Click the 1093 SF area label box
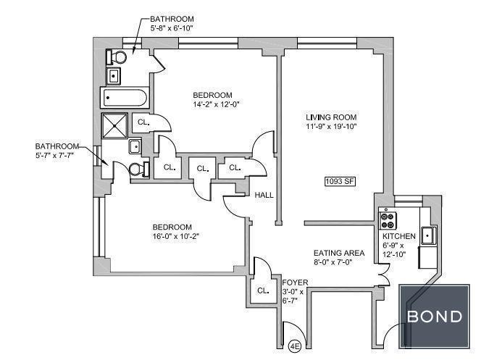(340, 181)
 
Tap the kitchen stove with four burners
(388, 220)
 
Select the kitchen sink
(428, 235)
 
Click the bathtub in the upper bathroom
(125, 98)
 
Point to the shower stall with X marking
(114, 125)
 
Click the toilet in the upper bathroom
(116, 57)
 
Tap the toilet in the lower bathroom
(139, 169)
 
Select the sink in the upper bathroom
(114, 76)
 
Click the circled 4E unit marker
(295, 346)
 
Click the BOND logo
(435, 316)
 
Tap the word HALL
(264, 195)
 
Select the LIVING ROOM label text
(331, 117)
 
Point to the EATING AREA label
(339, 253)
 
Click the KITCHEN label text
(399, 236)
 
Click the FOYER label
(295, 282)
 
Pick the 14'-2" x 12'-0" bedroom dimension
(216, 104)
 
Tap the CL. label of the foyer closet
(263, 290)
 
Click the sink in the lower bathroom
(135, 146)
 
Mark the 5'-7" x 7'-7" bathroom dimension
(54, 155)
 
